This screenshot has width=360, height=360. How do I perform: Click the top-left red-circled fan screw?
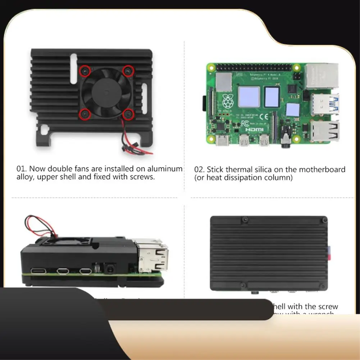[85, 71]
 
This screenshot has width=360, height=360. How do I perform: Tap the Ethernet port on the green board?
[321, 76]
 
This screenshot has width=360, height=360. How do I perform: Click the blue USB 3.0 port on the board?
[325, 104]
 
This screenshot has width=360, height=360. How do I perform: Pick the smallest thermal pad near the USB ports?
[293, 110]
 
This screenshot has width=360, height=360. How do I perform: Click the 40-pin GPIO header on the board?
[253, 67]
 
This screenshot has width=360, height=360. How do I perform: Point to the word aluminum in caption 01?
[168, 169]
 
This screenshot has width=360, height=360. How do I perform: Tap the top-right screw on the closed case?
[324, 219]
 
